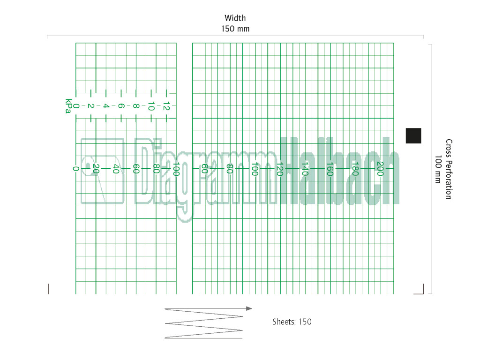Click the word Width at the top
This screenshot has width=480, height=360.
pos(235,18)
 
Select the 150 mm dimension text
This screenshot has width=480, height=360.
pos(235,29)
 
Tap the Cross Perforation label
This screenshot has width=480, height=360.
pos(449,169)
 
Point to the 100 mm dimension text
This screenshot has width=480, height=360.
pos(438,169)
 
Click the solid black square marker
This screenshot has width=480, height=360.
pos(413,135)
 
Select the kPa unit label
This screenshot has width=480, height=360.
pos(68,106)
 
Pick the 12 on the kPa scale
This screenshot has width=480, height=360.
pos(166,106)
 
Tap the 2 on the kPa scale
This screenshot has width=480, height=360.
pos(90,106)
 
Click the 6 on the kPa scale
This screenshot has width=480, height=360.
pos(121,106)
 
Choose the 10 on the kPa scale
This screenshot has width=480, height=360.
pos(151,106)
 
